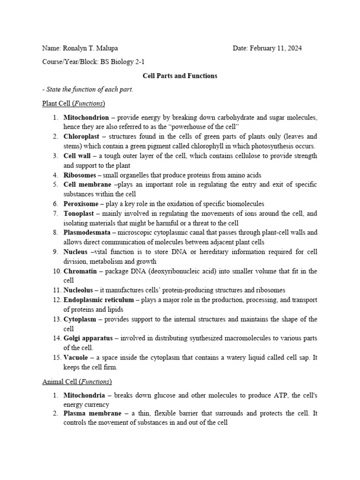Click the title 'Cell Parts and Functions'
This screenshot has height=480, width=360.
180,75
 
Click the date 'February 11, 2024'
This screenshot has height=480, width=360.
276,48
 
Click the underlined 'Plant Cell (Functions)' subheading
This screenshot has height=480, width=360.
74,103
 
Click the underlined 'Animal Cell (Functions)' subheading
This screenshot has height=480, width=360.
77,382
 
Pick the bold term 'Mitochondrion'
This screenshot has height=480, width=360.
86,117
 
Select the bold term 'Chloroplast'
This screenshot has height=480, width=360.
82,136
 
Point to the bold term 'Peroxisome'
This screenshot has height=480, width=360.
81,204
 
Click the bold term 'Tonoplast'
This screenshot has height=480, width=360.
79,213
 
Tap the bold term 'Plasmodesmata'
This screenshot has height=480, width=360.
87,232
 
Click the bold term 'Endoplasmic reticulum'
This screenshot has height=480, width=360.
98,300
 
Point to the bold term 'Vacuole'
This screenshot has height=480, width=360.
75,358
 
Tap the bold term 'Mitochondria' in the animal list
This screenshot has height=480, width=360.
84,396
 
